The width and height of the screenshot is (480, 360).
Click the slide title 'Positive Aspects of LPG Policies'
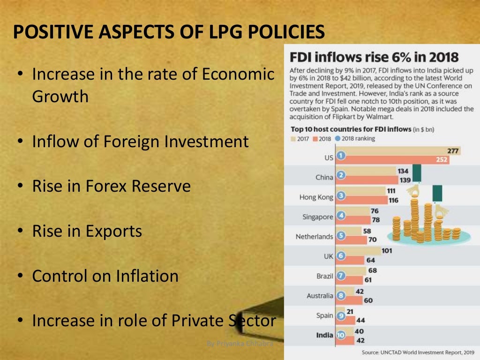(x=168, y=32)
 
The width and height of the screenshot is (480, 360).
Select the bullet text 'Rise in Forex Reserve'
(x=111, y=186)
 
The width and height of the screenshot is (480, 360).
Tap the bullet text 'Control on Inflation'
(x=105, y=276)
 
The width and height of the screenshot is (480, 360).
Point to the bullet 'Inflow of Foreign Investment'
(x=140, y=141)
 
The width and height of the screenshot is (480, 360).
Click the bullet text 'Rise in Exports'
(x=87, y=231)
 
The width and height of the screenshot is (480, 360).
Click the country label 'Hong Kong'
(x=316, y=197)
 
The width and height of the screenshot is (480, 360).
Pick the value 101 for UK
(x=387, y=251)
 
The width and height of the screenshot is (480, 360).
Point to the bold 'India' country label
(x=324, y=335)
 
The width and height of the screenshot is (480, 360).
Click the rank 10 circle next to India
(x=341, y=335)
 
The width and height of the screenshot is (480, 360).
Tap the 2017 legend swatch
(x=294, y=139)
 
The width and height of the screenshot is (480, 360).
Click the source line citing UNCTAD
(x=418, y=352)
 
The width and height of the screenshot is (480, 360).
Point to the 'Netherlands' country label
(x=314, y=237)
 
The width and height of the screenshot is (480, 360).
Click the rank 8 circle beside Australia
(x=341, y=296)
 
